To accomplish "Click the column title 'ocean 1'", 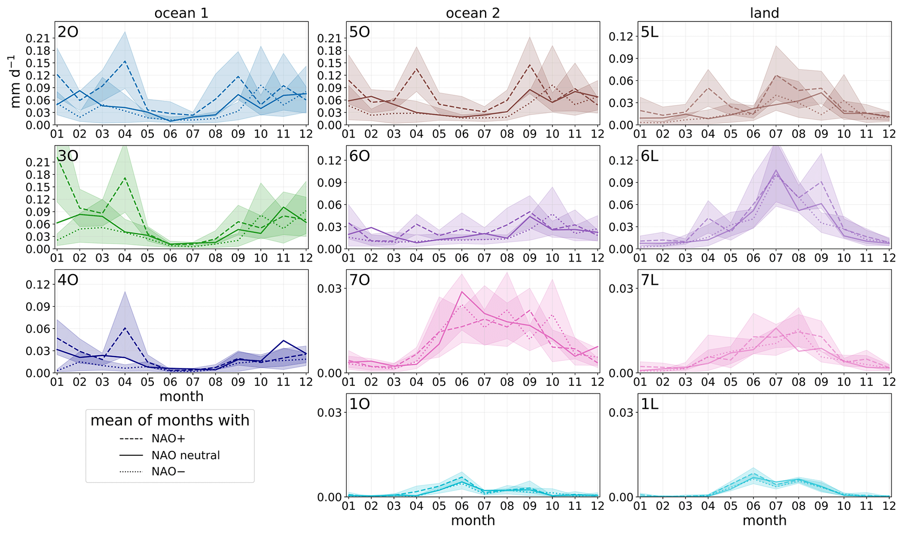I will [181, 13].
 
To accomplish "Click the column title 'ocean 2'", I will [473, 13].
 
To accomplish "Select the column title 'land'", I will [764, 13].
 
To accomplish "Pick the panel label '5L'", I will [650, 32].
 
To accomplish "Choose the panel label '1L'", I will [650, 404].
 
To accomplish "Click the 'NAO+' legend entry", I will [169, 438].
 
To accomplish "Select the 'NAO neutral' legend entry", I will [186, 455].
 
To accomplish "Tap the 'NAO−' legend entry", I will [169, 472].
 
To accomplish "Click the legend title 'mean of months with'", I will [170, 420].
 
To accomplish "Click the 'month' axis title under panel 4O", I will [181, 396].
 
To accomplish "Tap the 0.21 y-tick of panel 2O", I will [38, 38].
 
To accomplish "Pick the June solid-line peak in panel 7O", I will [462, 291].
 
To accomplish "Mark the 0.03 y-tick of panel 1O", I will [330, 412].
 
